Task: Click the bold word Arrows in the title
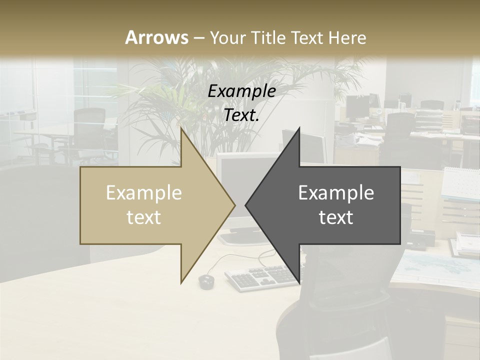click(156, 37)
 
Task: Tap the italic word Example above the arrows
click(241, 91)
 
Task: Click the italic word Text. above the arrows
click(241, 115)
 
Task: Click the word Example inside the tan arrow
click(144, 193)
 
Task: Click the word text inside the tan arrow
click(144, 217)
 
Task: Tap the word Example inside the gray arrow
click(336, 193)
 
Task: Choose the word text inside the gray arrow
click(336, 217)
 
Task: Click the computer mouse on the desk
click(205, 281)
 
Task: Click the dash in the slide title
click(198, 38)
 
